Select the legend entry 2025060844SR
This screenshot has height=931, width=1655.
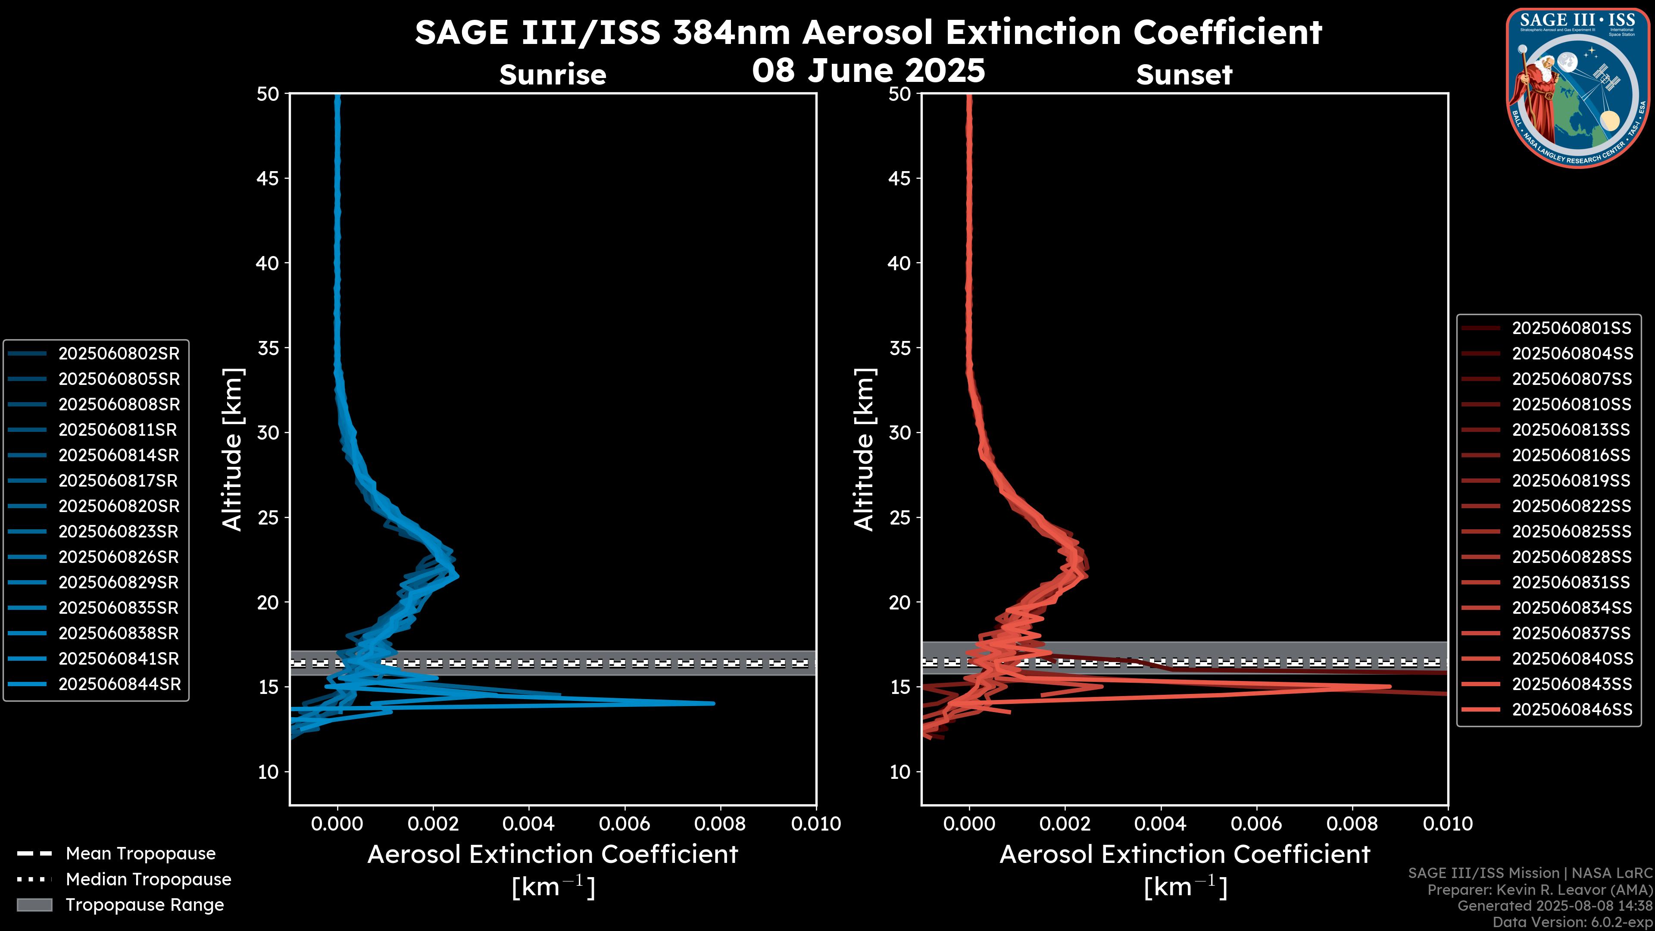click(119, 684)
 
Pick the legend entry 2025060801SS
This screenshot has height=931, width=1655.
click(1571, 328)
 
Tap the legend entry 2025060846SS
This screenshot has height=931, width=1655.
click(1571, 709)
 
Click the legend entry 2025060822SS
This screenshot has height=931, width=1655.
click(1571, 506)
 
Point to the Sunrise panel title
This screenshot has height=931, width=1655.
click(553, 75)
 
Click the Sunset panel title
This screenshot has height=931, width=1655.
click(1183, 75)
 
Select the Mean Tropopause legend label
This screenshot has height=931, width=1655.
click(140, 853)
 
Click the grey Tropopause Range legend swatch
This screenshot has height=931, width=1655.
click(34, 905)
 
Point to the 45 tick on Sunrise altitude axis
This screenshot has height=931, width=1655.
click(268, 178)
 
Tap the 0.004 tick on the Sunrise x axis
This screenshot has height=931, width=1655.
click(528, 824)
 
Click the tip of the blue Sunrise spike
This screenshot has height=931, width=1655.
click(713, 703)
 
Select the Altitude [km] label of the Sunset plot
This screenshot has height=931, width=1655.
click(865, 450)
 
